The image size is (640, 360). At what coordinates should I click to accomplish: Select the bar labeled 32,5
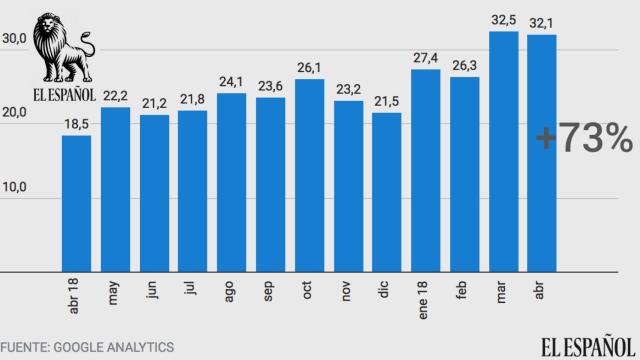point(504,151)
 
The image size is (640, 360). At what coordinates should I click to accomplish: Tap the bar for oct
point(309,175)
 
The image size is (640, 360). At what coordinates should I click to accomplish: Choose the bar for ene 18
point(426,170)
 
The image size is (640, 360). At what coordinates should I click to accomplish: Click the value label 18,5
point(76,122)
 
